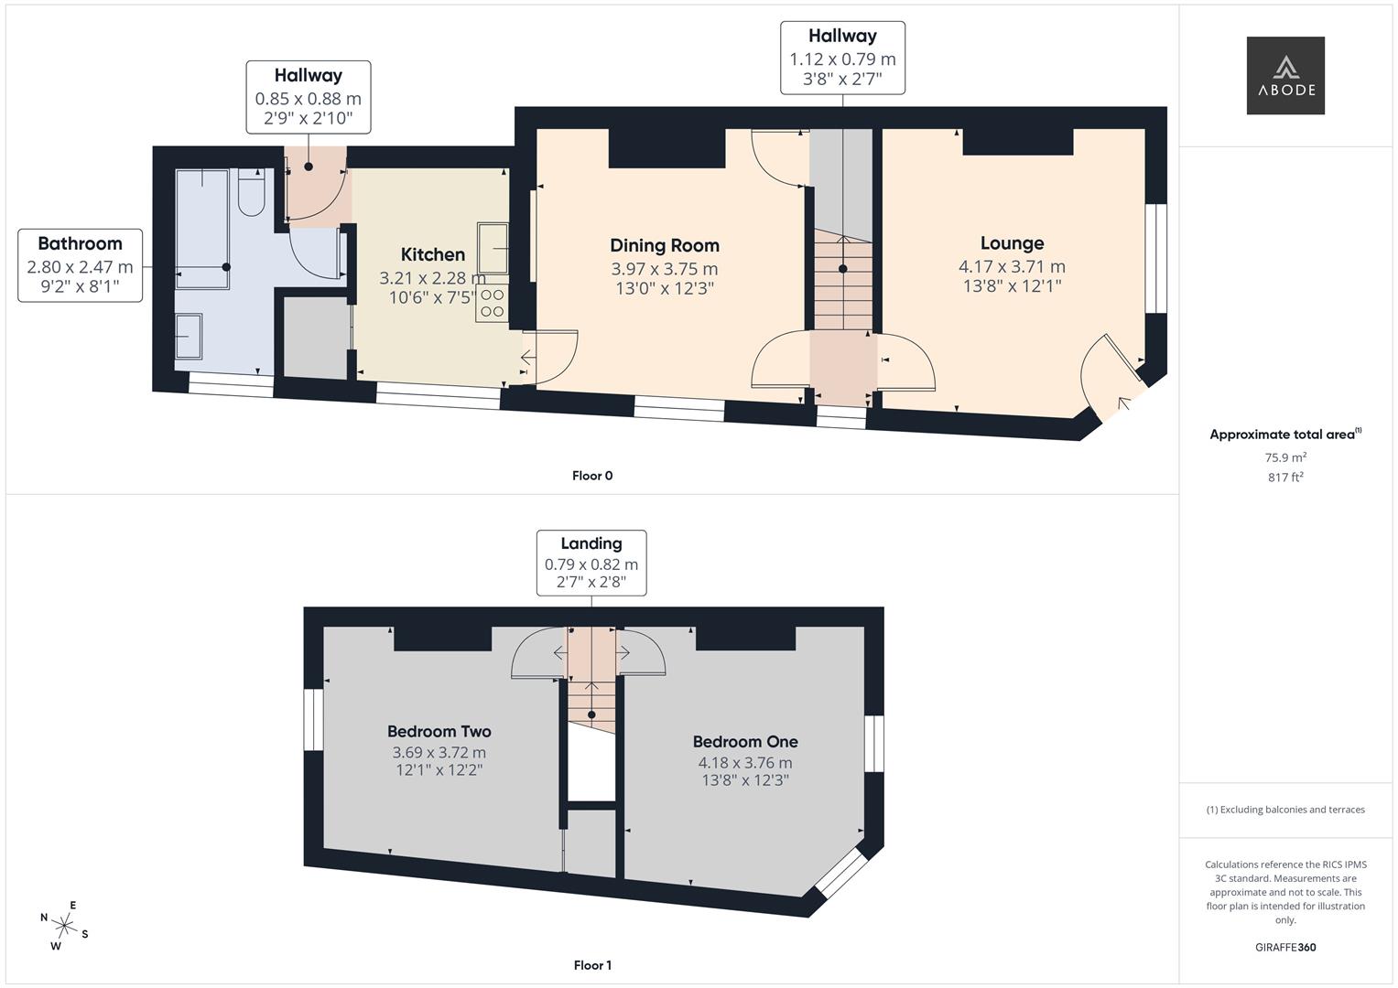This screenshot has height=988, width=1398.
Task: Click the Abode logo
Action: coord(1285,75)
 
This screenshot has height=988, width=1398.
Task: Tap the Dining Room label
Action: coord(665,246)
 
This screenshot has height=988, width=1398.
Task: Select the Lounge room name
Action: coord(1012,243)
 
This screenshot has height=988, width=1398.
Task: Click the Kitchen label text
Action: coord(432,254)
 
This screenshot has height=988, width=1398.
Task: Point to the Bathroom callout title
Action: coord(80,243)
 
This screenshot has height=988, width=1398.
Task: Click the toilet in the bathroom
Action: coord(252,192)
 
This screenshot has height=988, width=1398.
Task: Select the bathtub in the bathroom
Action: coord(201,229)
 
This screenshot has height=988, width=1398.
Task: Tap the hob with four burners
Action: coord(492,304)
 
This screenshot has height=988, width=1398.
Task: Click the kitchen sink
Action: coord(493,248)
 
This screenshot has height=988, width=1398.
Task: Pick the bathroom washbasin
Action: coord(188,337)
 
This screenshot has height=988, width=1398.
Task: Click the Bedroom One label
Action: coord(745,742)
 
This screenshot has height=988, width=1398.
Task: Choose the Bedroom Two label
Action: coord(439,731)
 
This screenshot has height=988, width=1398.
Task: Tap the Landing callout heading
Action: coord(591,544)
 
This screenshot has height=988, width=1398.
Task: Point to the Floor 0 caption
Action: coord(592,476)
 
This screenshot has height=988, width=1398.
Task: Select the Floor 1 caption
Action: coord(592,965)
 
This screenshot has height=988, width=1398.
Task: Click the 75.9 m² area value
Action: coord(1285,457)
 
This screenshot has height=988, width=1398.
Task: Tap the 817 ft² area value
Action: coord(1285,478)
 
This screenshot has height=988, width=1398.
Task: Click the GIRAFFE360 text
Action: coord(1285,948)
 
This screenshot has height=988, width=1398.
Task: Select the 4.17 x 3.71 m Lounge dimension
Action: coord(1012,267)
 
